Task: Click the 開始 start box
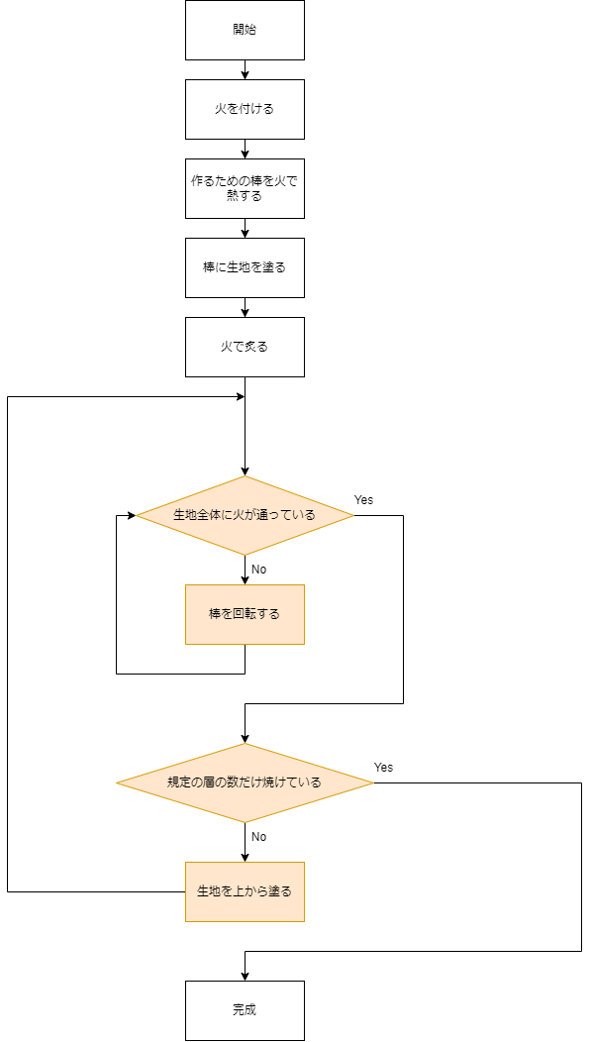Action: pyautogui.click(x=245, y=30)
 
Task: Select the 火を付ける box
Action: pyautogui.click(x=245, y=109)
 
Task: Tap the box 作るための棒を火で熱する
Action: pyautogui.click(x=245, y=188)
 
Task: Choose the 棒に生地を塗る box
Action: pyautogui.click(x=245, y=267)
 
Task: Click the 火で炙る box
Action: pyautogui.click(x=245, y=347)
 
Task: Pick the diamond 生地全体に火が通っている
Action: pyautogui.click(x=245, y=515)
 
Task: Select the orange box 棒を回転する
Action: pyautogui.click(x=245, y=614)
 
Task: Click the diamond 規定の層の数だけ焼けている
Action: pyautogui.click(x=245, y=782)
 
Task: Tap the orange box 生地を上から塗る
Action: pyautogui.click(x=245, y=891)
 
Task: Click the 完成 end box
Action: pyautogui.click(x=245, y=1010)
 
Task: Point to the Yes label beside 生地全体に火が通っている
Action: pyautogui.click(x=363, y=500)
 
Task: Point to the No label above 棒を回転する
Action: pyautogui.click(x=258, y=570)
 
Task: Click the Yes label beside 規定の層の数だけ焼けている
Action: pyautogui.click(x=383, y=768)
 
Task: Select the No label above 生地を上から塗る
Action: pyautogui.click(x=258, y=837)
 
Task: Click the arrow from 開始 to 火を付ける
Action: pyautogui.click(x=245, y=69)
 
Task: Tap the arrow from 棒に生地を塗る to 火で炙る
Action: pyautogui.click(x=245, y=307)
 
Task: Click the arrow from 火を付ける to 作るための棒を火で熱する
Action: pyautogui.click(x=245, y=149)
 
